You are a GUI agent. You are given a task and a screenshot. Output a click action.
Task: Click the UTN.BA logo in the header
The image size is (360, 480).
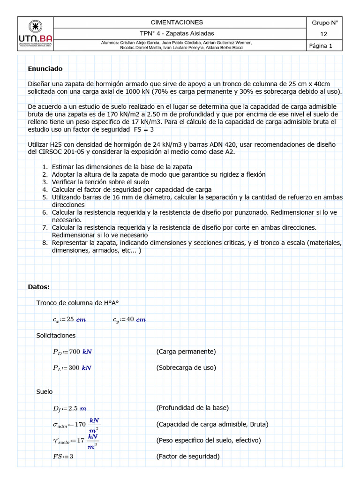pos(35,33)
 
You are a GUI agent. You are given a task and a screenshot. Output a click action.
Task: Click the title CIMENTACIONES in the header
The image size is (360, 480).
pos(177,22)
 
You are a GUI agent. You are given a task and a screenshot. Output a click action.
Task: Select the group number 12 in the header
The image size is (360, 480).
pos(324,34)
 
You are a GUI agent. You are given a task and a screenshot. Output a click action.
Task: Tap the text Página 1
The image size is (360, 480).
pos(321,45)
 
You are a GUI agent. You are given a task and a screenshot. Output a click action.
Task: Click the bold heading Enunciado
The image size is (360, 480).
pos(45,68)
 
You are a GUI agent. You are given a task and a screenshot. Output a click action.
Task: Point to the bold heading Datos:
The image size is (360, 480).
pos(38,286)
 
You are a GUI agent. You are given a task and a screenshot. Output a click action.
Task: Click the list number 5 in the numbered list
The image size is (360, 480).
pos(45,197)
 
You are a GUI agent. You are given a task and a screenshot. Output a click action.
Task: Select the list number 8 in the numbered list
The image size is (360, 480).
pos(45,243)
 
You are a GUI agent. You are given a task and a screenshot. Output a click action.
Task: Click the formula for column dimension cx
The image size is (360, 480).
pos(69,319)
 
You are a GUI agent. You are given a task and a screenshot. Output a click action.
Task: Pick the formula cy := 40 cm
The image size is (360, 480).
pos(129,319)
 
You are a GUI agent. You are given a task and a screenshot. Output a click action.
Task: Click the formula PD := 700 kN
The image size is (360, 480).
pos(72,352)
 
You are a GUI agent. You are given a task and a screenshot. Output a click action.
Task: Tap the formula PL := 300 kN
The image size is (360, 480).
pos(72,368)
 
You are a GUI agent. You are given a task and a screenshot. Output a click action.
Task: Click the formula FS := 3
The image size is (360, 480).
pos(63,457)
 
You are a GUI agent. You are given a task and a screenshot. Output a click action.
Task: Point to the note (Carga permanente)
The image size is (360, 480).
pos(186,352)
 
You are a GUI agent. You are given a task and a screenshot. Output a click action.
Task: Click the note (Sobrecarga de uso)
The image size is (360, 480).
pos(186,367)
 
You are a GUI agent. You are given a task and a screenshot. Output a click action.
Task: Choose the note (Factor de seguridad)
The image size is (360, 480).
pos(187,456)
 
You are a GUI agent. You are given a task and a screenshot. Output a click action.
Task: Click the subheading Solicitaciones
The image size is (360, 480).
pos(56,336)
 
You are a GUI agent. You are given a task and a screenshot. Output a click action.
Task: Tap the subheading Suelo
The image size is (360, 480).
pos(45,391)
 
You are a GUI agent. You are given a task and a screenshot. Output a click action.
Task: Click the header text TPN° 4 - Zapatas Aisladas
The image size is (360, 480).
pos(177,34)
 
